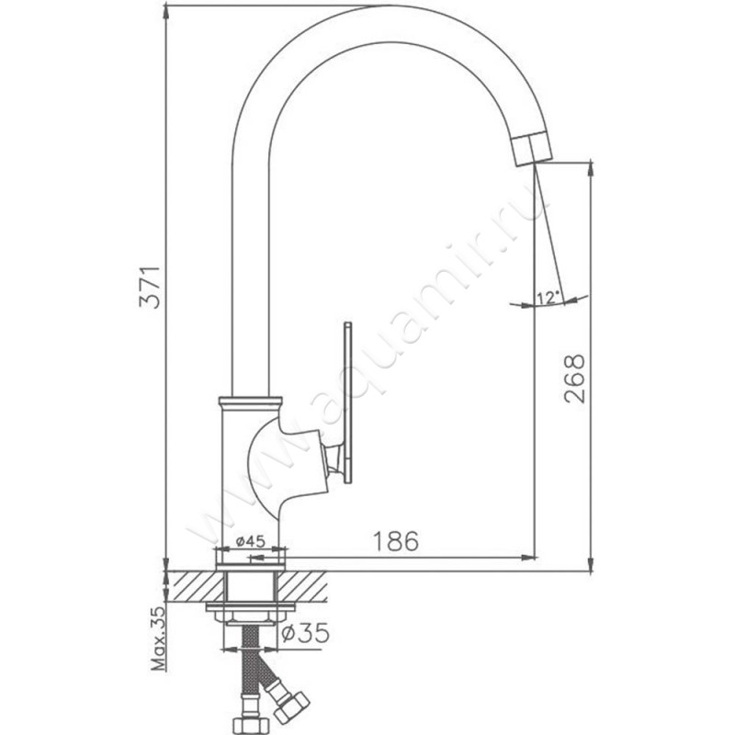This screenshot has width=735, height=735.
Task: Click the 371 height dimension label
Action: [150, 288]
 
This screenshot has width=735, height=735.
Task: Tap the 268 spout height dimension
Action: [575, 379]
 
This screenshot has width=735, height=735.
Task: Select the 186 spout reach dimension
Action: [395, 541]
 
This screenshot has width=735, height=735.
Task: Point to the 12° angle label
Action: [548, 298]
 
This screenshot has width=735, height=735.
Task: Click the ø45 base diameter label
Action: [251, 542]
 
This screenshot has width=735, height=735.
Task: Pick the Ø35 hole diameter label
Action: [305, 634]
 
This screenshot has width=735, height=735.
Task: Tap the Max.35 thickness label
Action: [159, 639]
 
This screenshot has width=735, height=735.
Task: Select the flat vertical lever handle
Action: [347, 402]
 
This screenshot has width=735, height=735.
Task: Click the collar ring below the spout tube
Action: [250, 401]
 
